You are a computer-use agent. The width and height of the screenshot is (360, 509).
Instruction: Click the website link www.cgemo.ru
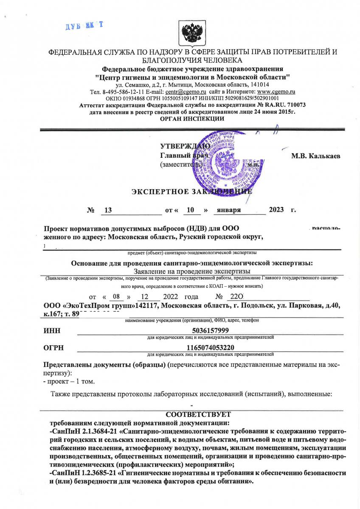[x=276, y=92]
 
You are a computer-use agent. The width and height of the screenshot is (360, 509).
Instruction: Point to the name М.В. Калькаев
[x=315, y=156]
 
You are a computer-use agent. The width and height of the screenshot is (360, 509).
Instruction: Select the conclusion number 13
[x=107, y=210]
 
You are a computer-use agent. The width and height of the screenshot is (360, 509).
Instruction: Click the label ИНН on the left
[x=52, y=331]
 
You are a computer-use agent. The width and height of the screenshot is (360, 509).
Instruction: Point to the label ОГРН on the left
[x=53, y=348]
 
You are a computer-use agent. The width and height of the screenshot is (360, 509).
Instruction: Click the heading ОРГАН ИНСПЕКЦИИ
[x=192, y=119]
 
